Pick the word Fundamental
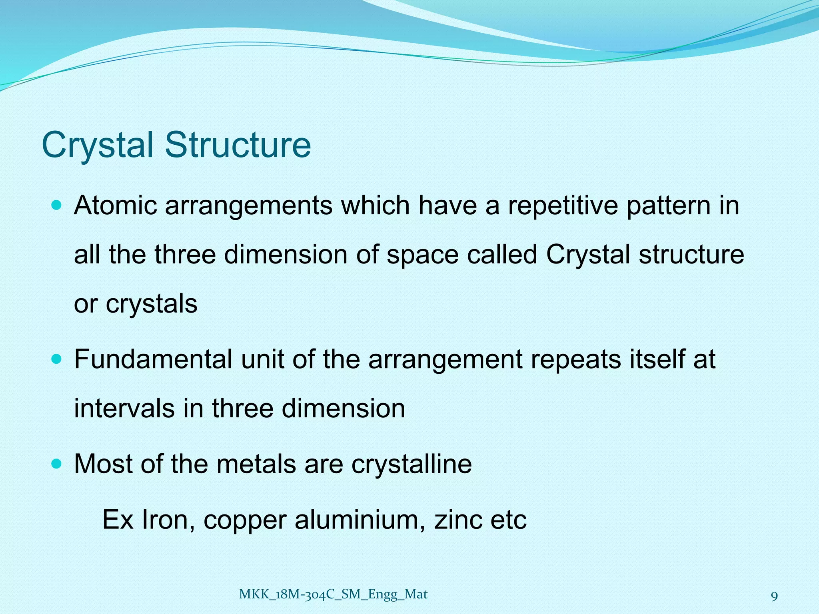click(x=153, y=359)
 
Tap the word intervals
click(x=124, y=408)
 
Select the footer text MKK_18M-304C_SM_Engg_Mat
click(x=333, y=594)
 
